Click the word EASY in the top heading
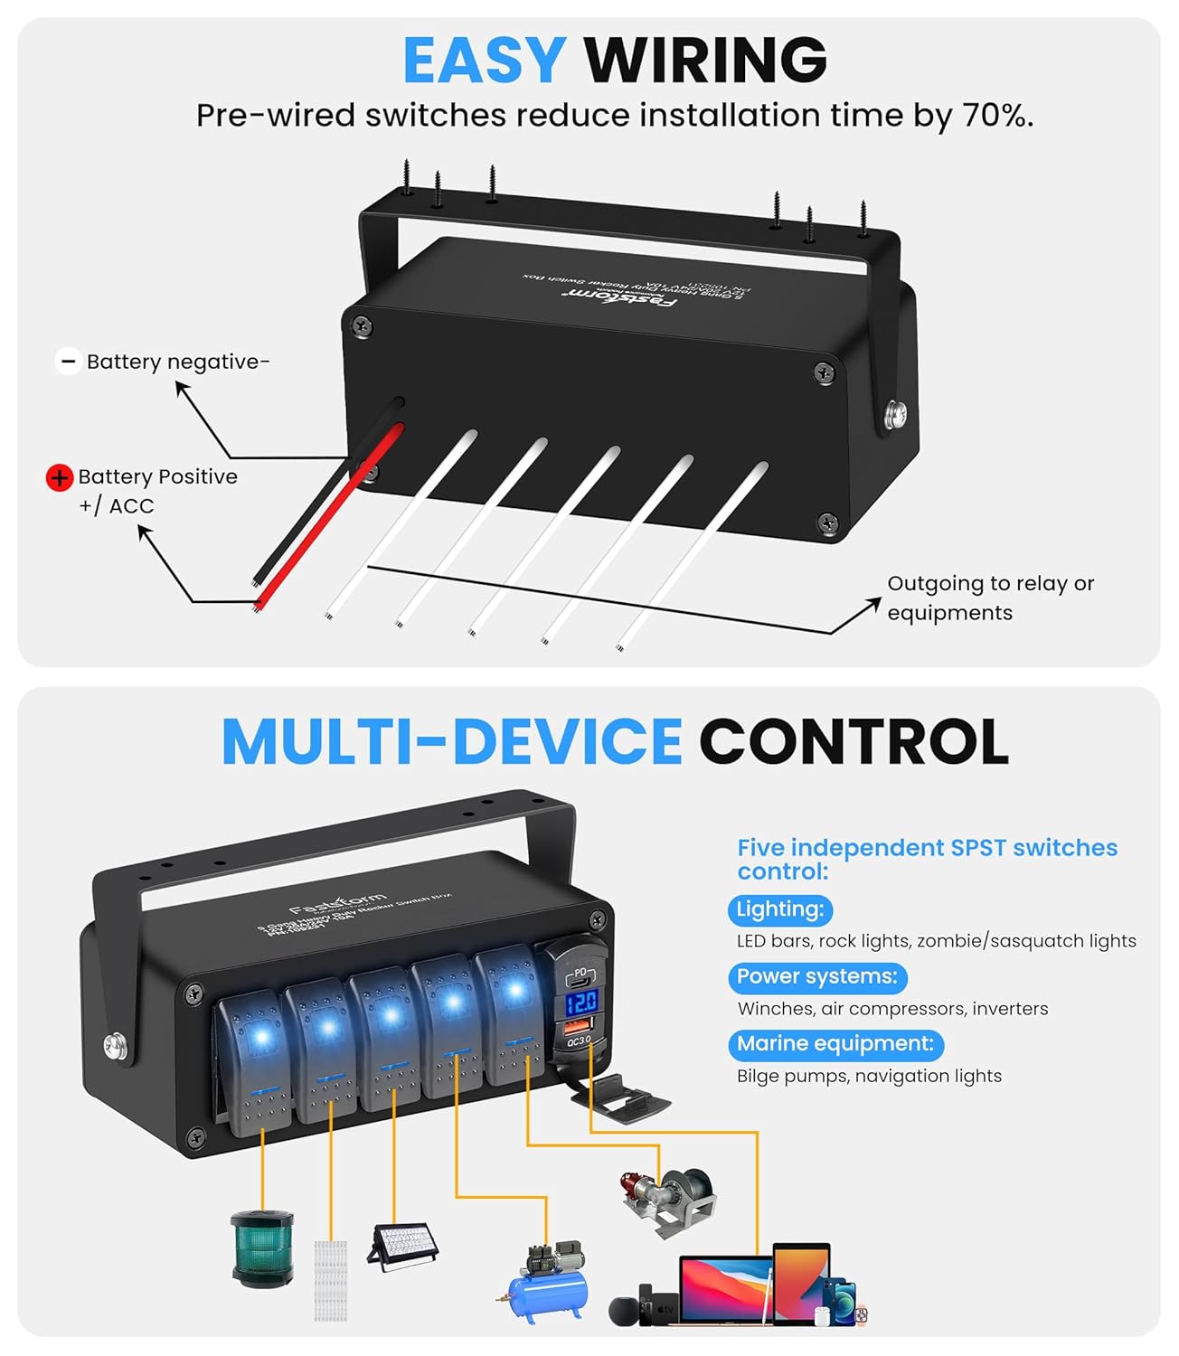484,61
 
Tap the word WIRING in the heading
705,61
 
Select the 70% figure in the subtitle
996,116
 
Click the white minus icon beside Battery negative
68,362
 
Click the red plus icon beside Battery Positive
59,477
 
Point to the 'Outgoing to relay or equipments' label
990,598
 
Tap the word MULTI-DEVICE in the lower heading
451,741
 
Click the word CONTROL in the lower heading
854,741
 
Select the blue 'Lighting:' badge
779,909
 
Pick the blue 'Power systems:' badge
816,976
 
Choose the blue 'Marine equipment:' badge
835,1044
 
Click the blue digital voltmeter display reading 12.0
580,1002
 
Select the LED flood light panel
403,1248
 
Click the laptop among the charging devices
725,1288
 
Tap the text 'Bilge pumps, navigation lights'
869,1076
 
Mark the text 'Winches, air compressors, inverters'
892,1009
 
